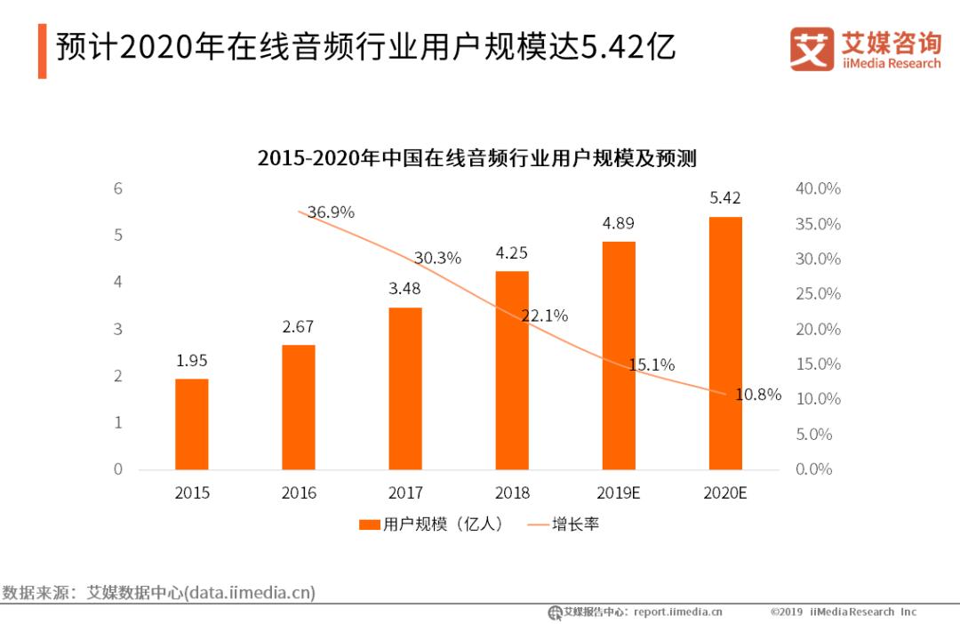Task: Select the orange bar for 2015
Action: coord(191,424)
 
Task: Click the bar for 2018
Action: coord(512,370)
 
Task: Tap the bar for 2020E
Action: coord(725,343)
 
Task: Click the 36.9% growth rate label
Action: coord(331,212)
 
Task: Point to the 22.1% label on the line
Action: coord(544,316)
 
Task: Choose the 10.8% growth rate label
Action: coord(757,395)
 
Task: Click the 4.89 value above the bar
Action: coord(619,223)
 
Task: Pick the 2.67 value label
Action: coord(298,326)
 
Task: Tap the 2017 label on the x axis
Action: coord(405,492)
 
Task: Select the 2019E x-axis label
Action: coord(619,492)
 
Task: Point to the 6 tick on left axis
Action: coord(117,188)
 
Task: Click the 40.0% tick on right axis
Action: coord(817,188)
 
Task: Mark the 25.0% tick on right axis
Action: coord(817,293)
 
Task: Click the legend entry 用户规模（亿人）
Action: coord(432,524)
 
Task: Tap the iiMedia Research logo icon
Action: coord(812,49)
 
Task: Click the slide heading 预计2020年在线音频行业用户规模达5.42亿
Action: coord(365,47)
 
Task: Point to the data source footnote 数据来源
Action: coord(158,592)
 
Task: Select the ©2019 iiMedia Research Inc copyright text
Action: coord(843,612)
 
